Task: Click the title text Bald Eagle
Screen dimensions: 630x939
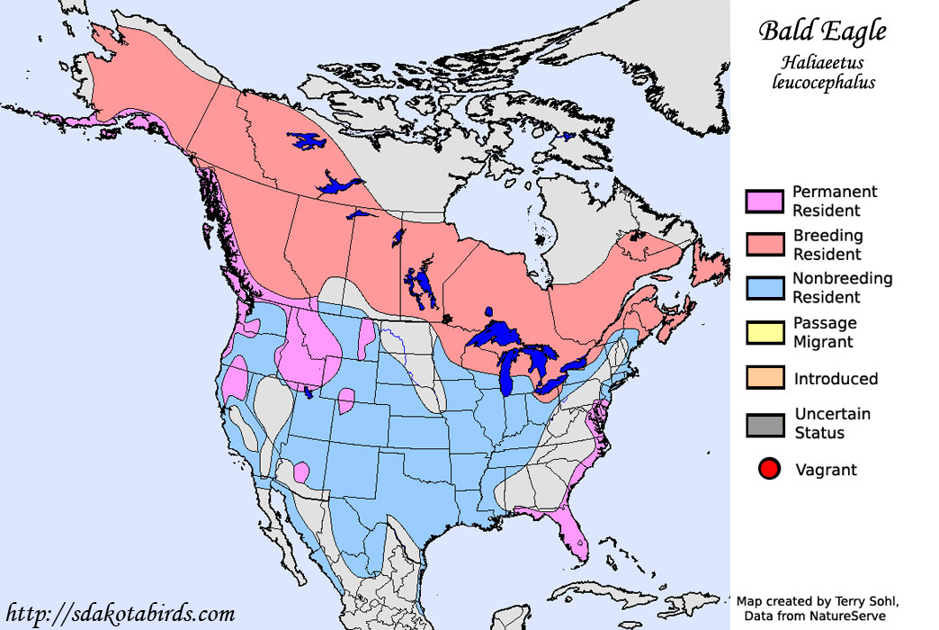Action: pos(822,31)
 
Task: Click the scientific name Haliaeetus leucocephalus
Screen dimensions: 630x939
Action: pos(823,72)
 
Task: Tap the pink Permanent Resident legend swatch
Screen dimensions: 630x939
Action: pos(765,201)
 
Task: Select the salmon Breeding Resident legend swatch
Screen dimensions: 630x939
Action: pos(765,244)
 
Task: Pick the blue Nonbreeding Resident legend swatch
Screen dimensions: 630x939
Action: pos(765,287)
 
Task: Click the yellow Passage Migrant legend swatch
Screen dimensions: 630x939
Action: pos(765,331)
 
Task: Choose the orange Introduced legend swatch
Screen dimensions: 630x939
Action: pos(765,378)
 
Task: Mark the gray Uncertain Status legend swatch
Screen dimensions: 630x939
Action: pos(765,423)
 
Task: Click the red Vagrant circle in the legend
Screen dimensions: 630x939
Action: pos(768,469)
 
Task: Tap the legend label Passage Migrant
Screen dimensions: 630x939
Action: pos(825,332)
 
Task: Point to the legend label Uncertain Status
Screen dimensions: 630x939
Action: pos(832,423)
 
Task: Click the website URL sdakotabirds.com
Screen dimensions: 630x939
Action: pos(120,614)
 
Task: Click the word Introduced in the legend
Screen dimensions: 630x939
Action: pos(836,379)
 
